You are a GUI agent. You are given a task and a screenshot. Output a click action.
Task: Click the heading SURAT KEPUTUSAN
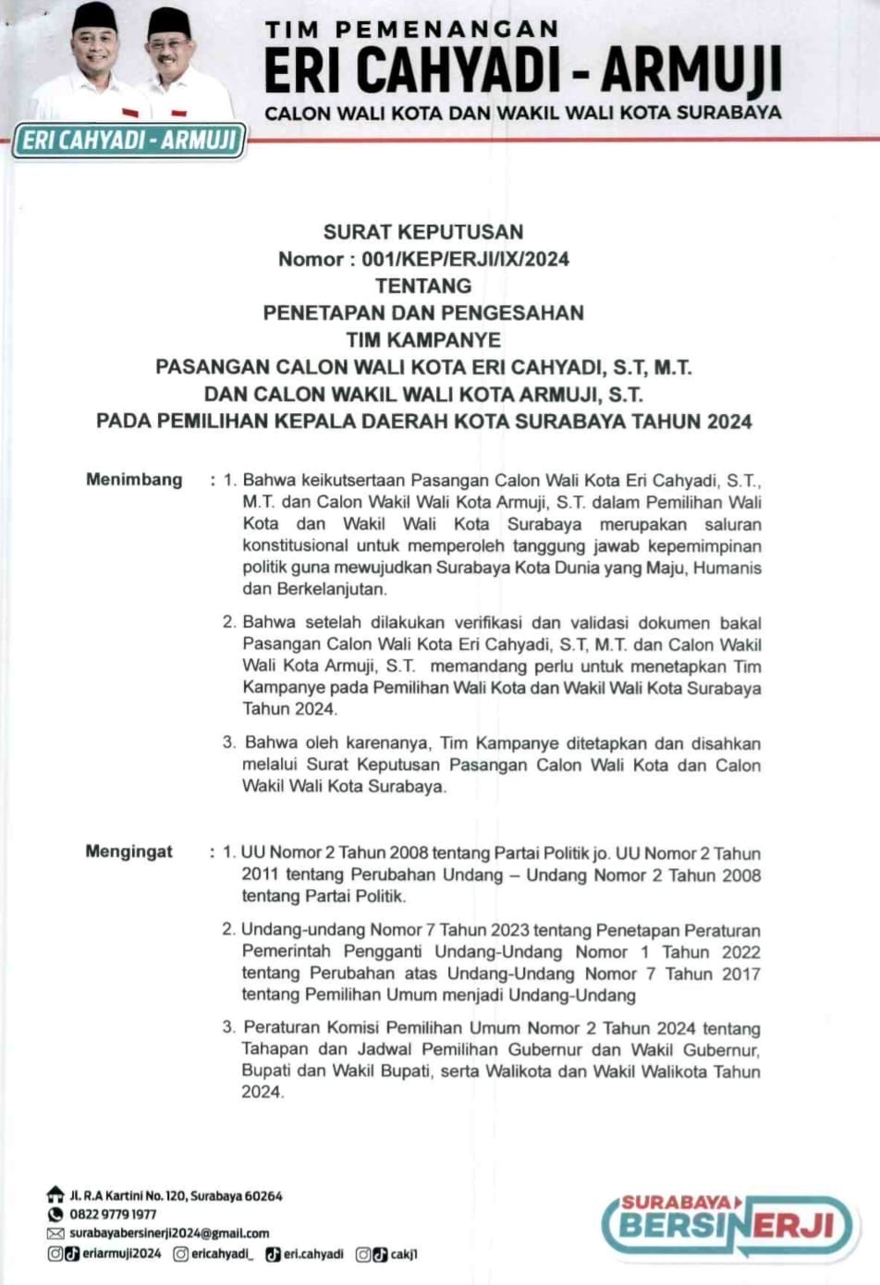click(x=423, y=232)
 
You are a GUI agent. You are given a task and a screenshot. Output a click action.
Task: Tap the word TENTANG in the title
click(x=423, y=287)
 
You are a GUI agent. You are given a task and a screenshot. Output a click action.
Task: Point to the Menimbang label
click(x=134, y=480)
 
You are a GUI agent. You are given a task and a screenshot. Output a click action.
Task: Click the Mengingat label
click(x=128, y=851)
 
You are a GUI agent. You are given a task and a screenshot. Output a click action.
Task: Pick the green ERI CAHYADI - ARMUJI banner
click(x=129, y=141)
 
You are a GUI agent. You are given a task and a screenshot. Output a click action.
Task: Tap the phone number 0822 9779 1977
click(x=113, y=1214)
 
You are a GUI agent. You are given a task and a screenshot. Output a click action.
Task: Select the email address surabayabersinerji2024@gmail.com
click(x=169, y=1233)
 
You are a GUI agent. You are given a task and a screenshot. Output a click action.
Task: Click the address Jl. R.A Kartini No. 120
click(x=176, y=1195)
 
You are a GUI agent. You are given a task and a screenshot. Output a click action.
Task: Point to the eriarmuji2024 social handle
click(x=121, y=1254)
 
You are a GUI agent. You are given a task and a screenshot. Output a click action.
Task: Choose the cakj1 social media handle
click(x=404, y=1254)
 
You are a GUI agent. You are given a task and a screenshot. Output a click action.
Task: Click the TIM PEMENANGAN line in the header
click(x=411, y=30)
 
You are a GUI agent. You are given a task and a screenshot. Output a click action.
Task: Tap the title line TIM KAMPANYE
click(x=423, y=340)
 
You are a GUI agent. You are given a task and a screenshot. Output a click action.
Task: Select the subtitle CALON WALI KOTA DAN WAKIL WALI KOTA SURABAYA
click(x=522, y=113)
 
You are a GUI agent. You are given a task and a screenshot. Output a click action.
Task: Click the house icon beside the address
click(x=55, y=1195)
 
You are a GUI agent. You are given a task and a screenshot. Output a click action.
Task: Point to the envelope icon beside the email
click(x=55, y=1233)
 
